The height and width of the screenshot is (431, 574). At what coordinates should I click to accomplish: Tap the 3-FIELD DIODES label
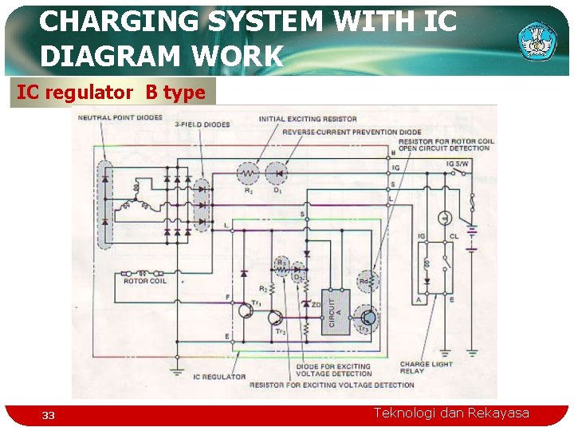(202, 125)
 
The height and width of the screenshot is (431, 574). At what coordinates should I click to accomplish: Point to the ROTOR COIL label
(145, 281)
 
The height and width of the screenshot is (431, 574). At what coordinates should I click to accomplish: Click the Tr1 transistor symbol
(245, 310)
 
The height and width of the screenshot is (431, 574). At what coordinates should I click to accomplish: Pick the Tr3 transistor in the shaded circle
(366, 318)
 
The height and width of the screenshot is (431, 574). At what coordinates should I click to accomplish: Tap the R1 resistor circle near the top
(248, 174)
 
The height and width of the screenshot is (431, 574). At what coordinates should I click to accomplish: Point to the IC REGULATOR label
(219, 377)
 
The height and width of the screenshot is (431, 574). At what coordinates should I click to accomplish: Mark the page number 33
(49, 415)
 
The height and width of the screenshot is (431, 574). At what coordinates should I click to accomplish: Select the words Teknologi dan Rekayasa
(451, 413)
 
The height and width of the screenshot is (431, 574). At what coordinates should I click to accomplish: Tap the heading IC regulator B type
(112, 93)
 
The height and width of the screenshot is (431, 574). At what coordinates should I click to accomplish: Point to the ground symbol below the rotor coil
(177, 369)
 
